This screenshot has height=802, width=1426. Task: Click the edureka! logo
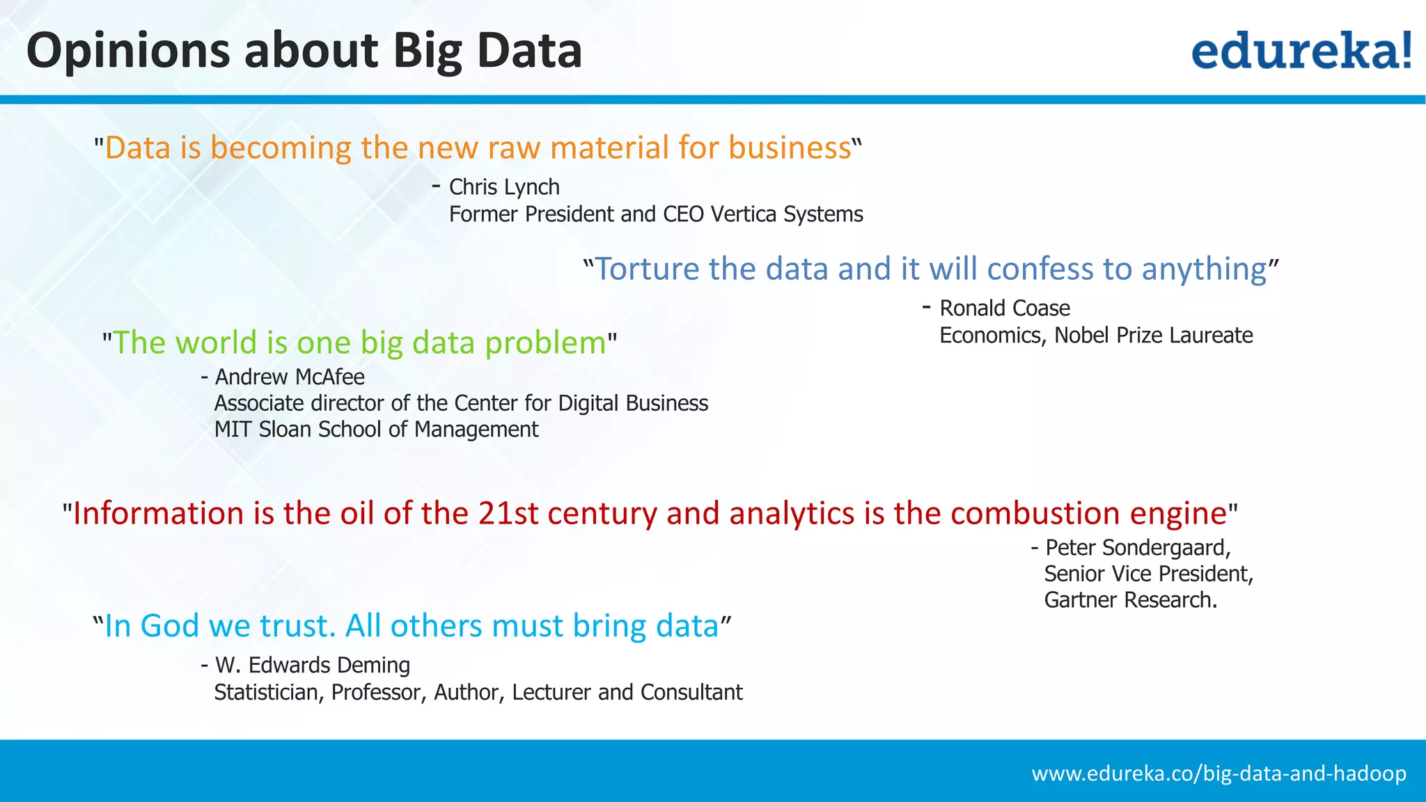tap(1301, 51)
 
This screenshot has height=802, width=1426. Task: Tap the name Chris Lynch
tap(504, 187)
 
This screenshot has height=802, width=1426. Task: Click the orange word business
tap(790, 148)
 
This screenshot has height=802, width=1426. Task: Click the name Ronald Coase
tap(1004, 308)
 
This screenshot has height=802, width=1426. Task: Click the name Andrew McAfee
tap(290, 377)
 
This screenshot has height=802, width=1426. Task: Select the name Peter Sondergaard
tap(1138, 548)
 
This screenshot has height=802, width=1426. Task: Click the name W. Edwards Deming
tap(312, 666)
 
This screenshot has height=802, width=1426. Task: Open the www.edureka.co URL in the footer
tap(1219, 773)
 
